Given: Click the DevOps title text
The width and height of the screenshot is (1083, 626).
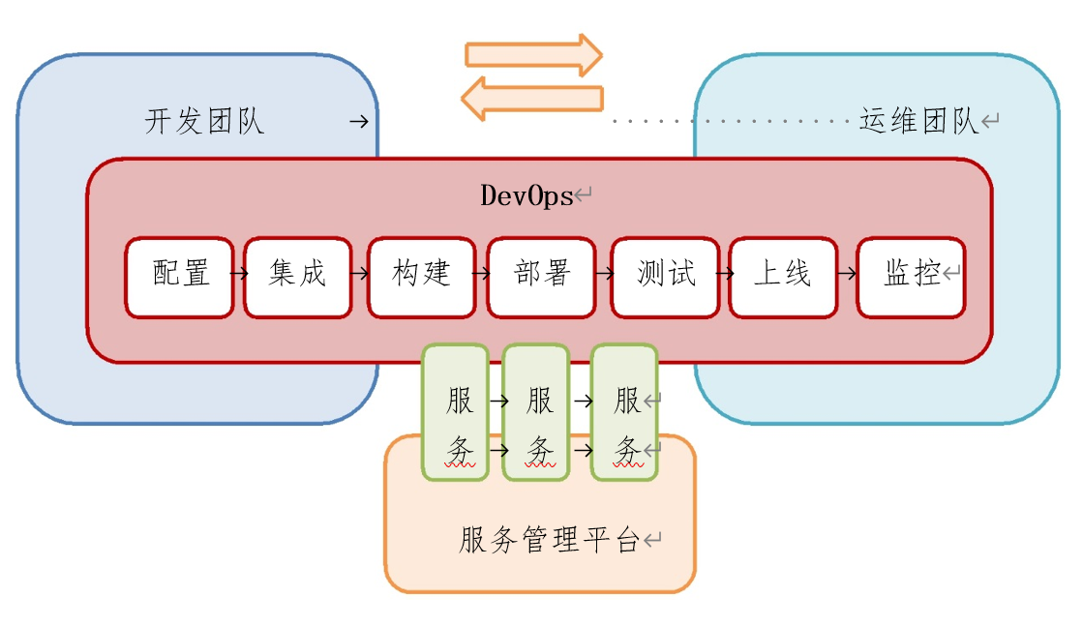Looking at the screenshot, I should (x=526, y=195).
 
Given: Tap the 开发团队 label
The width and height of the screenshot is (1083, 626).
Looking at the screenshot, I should (x=204, y=122).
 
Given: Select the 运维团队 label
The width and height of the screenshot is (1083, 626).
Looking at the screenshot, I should (x=918, y=122).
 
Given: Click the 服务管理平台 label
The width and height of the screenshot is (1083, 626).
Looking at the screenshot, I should (x=549, y=540).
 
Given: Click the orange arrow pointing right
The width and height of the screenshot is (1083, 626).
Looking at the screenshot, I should (x=534, y=55).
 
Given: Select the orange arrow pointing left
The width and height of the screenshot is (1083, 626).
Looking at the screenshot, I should (x=532, y=99).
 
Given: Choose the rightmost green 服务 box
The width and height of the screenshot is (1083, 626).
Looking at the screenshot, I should (x=625, y=412).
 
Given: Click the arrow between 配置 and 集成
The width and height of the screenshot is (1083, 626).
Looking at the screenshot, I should (x=239, y=274).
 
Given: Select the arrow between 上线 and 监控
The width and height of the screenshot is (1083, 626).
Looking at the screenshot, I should (x=847, y=274).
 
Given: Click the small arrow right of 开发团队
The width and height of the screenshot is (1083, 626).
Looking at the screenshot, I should (x=358, y=122).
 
